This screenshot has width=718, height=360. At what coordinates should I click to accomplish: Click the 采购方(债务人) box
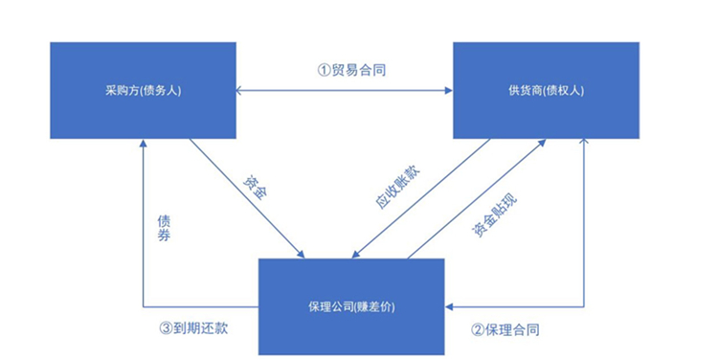(x=143, y=91)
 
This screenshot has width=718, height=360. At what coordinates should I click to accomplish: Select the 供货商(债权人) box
(x=546, y=91)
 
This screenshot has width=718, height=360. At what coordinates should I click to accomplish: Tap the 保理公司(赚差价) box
(x=351, y=305)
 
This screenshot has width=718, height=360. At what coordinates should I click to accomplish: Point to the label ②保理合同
(x=505, y=329)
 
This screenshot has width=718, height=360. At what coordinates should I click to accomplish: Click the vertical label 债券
(x=164, y=228)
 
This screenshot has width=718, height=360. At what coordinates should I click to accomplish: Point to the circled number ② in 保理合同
(x=477, y=329)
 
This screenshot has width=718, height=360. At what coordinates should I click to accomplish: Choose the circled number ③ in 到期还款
(x=166, y=329)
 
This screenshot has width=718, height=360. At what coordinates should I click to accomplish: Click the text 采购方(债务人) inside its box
(x=143, y=91)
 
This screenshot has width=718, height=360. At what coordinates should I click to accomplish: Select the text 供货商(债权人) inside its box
(x=546, y=91)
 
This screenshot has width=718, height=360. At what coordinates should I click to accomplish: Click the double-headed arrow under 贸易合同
(x=345, y=91)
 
